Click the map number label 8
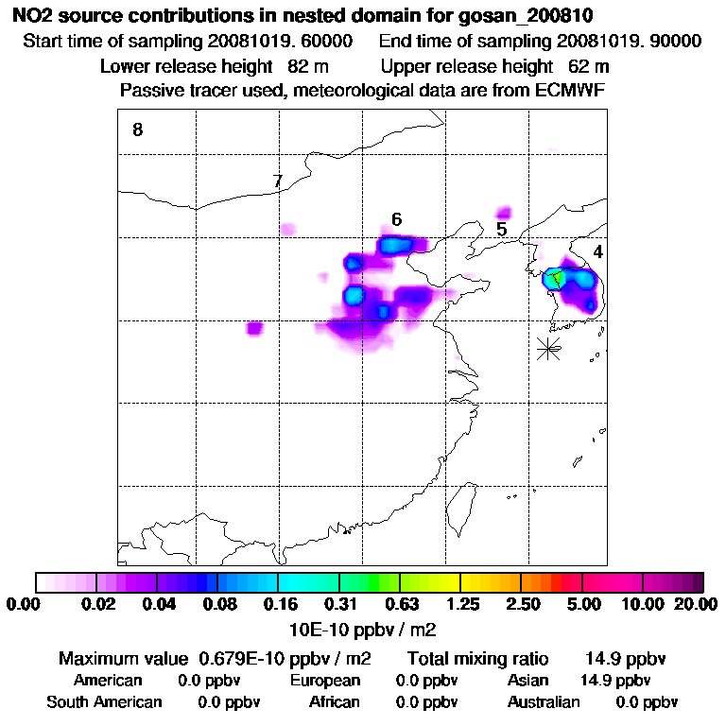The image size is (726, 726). [x=137, y=130]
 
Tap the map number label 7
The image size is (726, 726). [x=277, y=181]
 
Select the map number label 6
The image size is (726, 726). [x=397, y=219]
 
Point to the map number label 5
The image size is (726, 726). [x=501, y=229]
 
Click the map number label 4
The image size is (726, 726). [x=597, y=252]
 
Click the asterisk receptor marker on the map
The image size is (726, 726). [x=548, y=348]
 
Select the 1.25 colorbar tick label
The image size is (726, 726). [x=461, y=604]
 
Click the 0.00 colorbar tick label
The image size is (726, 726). [x=25, y=604]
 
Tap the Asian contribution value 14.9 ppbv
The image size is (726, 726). [x=614, y=681]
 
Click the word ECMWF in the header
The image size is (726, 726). [x=571, y=91]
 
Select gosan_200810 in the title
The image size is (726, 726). [x=540, y=17]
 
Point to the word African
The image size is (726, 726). [x=334, y=702]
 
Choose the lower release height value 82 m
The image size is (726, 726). [x=302, y=67]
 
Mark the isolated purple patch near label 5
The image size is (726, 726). [x=504, y=212]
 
